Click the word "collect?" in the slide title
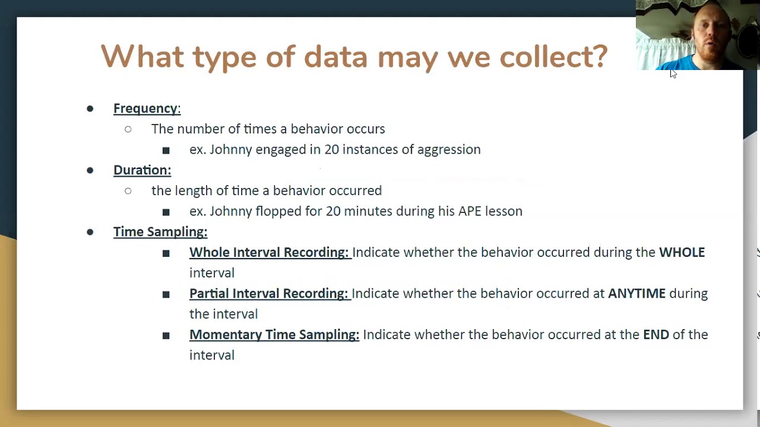pyautogui.click(x=553, y=57)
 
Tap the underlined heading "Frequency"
pyautogui.click(x=146, y=109)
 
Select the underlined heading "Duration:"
pyautogui.click(x=142, y=170)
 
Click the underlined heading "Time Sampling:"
pyautogui.click(x=160, y=232)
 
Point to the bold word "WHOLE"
pyautogui.click(x=682, y=253)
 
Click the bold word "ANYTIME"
pyautogui.click(x=636, y=294)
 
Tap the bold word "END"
pyautogui.click(x=655, y=335)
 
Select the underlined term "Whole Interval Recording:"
pyautogui.click(x=269, y=253)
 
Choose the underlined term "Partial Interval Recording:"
pyautogui.click(x=268, y=294)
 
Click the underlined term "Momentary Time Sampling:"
pyautogui.click(x=274, y=335)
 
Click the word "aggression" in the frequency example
pyautogui.click(x=449, y=149)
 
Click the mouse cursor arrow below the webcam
pyautogui.click(x=673, y=74)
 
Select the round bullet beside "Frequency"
pyautogui.click(x=90, y=109)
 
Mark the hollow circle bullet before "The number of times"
pyautogui.click(x=128, y=129)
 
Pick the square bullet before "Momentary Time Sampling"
pyautogui.click(x=166, y=336)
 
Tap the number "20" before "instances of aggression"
pyautogui.click(x=331, y=149)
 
